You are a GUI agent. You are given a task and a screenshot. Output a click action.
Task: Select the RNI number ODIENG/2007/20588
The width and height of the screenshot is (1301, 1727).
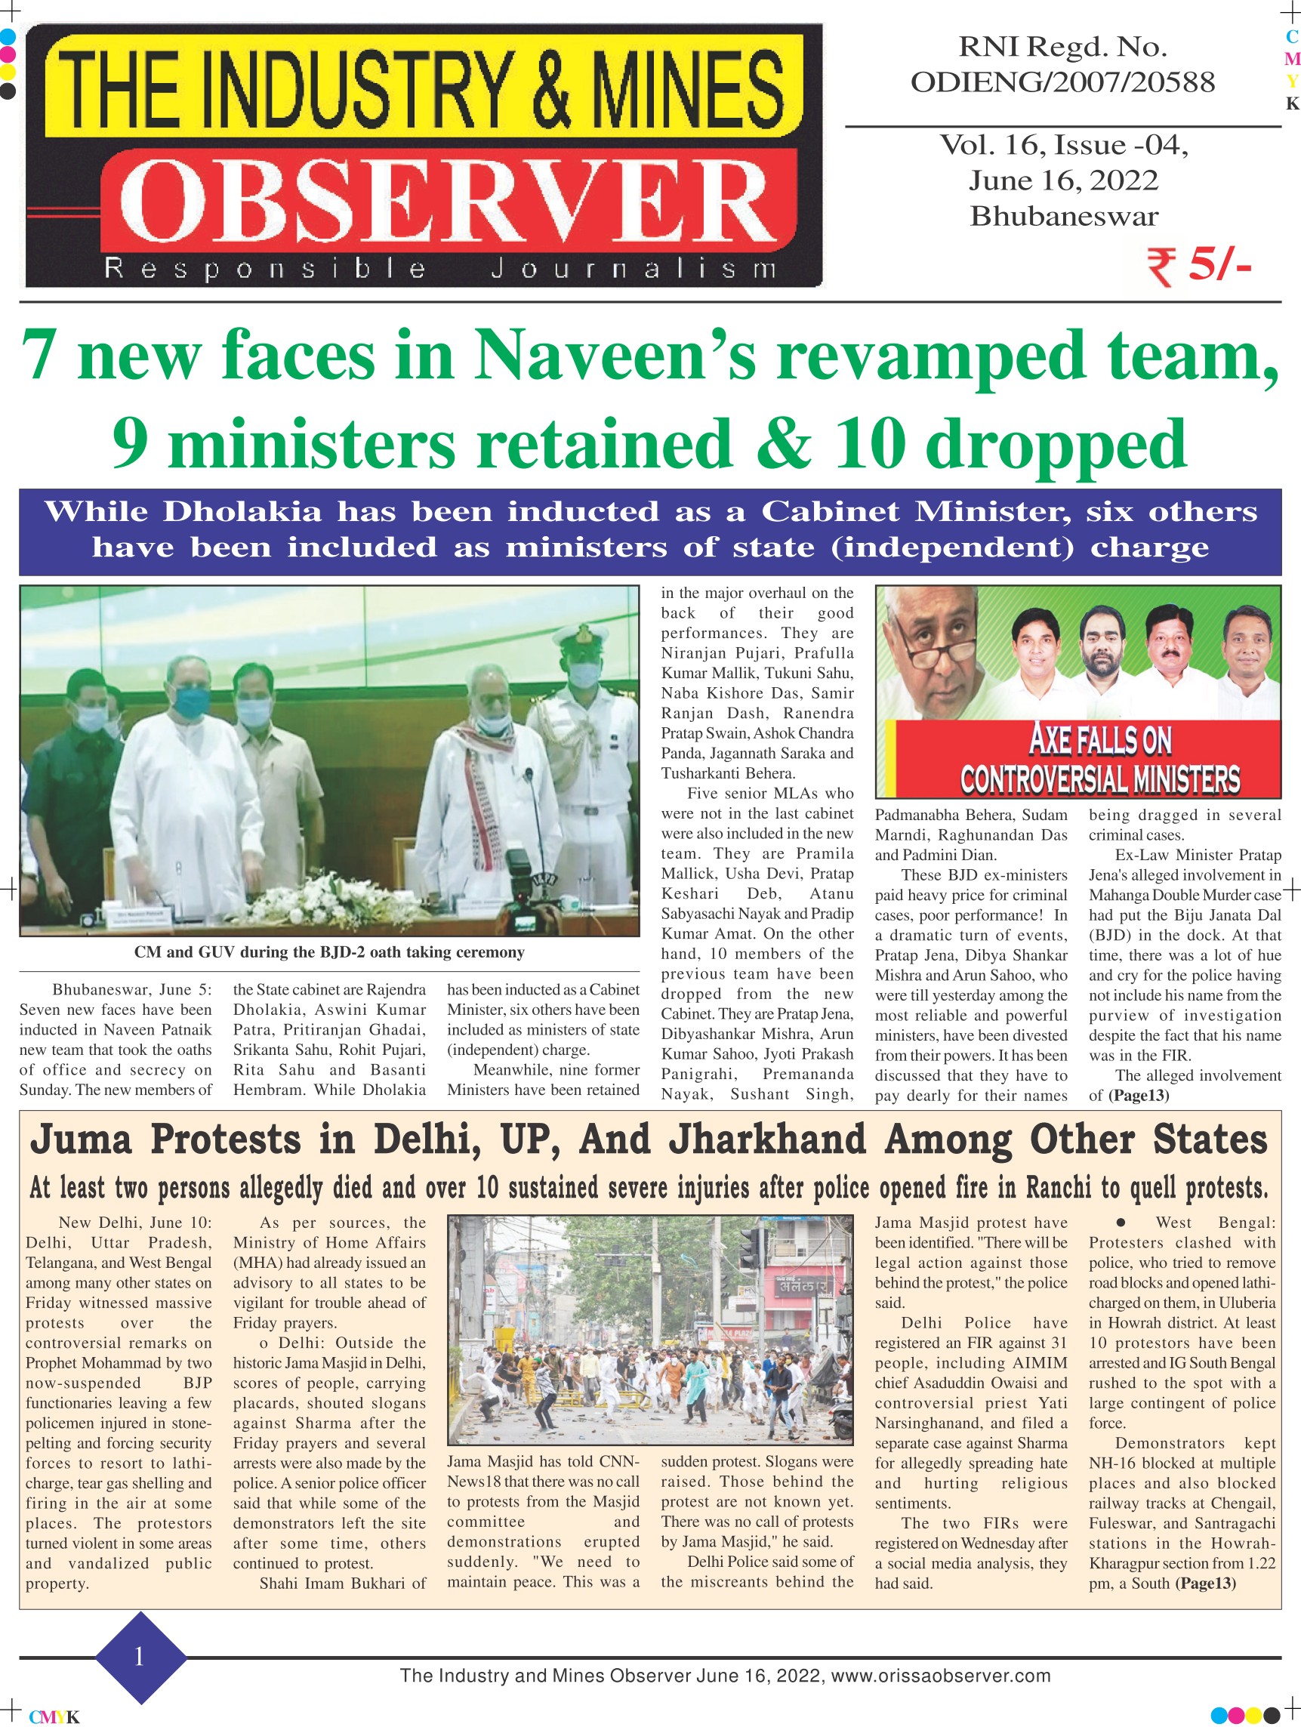point(1062,82)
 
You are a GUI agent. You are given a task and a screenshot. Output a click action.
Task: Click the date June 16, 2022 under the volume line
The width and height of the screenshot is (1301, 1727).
point(1063,180)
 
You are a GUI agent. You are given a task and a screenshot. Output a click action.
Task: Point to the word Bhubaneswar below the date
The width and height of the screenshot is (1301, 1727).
point(1063,216)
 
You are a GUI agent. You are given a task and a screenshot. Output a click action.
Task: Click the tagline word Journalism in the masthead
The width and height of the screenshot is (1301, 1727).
point(634,270)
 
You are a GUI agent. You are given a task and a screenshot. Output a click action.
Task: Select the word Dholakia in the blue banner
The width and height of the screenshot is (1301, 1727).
point(242,511)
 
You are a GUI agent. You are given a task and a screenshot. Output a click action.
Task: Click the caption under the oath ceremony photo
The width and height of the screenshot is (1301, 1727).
point(328,952)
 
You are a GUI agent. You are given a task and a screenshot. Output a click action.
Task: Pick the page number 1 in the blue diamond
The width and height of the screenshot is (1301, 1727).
point(139,1658)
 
